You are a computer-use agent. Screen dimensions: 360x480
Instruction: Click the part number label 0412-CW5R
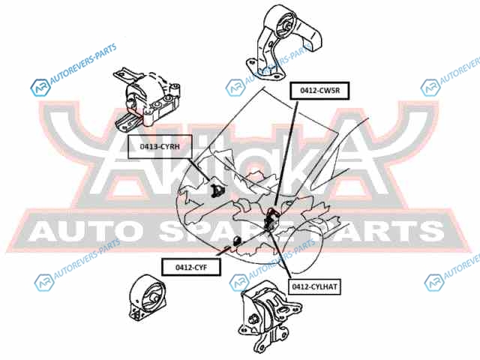[x=320, y=90]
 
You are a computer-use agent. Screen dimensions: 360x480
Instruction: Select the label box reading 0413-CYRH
[x=159, y=147]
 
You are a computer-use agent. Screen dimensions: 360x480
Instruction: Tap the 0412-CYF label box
[x=191, y=266]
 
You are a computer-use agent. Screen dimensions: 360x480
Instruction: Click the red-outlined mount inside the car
[x=273, y=217]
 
